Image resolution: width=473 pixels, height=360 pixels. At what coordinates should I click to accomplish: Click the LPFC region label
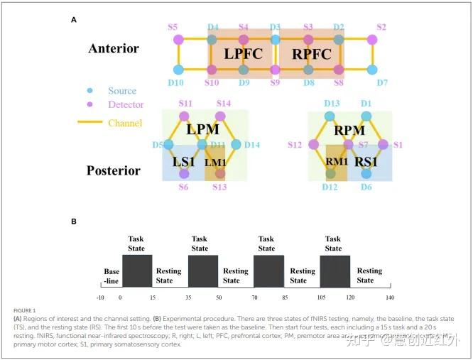(x=243, y=53)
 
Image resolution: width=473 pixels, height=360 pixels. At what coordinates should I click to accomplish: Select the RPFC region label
(x=308, y=53)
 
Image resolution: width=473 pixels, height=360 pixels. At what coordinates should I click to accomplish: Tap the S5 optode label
(x=173, y=27)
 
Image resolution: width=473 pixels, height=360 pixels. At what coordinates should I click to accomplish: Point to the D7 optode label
(x=382, y=83)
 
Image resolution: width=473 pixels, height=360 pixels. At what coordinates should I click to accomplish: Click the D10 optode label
(x=175, y=83)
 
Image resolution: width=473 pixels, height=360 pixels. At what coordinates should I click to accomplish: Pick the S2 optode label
(x=381, y=27)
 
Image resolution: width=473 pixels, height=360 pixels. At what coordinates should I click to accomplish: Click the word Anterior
(x=114, y=49)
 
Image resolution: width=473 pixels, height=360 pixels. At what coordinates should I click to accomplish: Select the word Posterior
(x=114, y=170)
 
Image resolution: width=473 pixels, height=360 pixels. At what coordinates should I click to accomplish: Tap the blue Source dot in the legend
(x=89, y=91)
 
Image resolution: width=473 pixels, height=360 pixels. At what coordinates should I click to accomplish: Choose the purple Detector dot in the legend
(x=89, y=105)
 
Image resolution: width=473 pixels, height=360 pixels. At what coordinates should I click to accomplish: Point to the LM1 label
(x=215, y=163)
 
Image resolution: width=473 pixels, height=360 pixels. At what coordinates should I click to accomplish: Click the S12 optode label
(x=295, y=145)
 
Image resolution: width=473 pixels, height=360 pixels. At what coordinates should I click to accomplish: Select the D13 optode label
(x=332, y=104)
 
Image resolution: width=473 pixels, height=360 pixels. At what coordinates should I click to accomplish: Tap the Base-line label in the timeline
(x=112, y=276)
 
